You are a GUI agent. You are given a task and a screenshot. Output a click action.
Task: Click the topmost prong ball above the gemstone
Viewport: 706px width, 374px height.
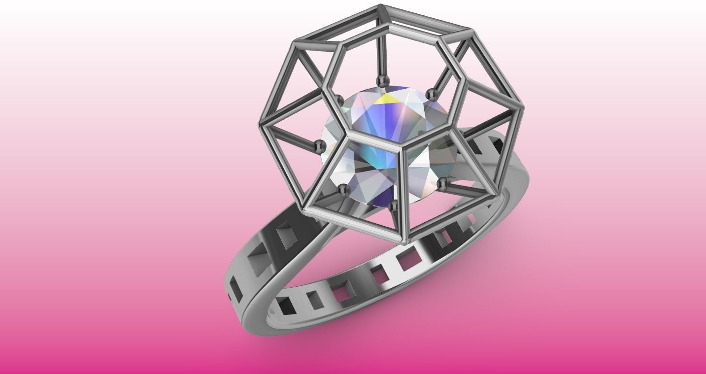tap(381, 80)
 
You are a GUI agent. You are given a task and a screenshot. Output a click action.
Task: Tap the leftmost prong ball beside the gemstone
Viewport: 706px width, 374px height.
tap(317, 145)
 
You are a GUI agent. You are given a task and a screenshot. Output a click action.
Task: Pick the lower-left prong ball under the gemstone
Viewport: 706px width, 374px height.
tap(342, 188)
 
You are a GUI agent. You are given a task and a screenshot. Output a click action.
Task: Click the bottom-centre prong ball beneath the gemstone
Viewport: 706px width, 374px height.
tap(393, 204)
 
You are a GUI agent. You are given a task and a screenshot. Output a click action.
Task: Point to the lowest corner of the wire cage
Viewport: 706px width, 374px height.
tap(405, 242)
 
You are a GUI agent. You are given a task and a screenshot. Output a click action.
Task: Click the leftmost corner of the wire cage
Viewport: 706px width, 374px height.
tap(262, 123)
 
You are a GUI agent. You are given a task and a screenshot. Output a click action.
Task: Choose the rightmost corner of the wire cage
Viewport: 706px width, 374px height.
tap(523, 107)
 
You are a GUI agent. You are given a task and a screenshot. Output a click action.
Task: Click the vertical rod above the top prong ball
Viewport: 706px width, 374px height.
tap(381, 54)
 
